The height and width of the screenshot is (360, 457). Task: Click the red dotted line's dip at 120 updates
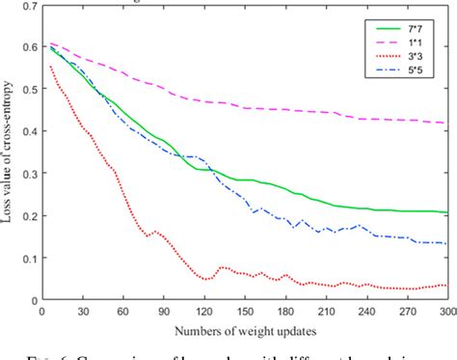click(x=206, y=279)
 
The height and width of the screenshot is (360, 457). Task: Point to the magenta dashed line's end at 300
click(x=444, y=124)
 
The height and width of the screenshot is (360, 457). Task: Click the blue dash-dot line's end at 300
click(x=444, y=243)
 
